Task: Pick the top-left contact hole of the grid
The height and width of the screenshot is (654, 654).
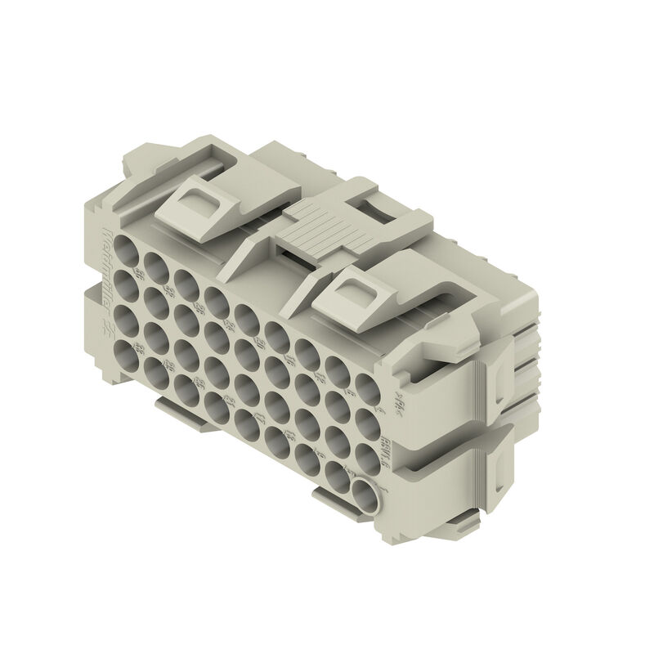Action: (127, 248)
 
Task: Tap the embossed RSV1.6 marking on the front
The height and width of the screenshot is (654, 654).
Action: (406, 446)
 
